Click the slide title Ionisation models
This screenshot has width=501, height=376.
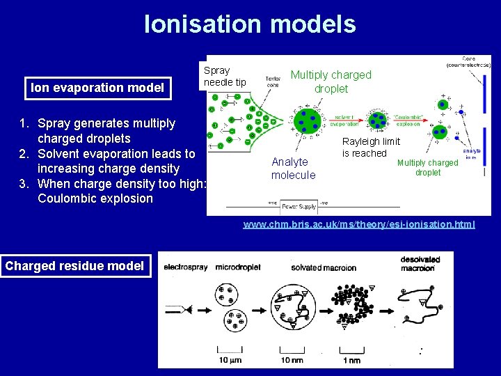pos(250,24)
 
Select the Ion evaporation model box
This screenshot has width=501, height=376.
pos(97,88)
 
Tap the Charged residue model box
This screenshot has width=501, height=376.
pos(76,265)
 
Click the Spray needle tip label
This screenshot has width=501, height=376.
pos(225,77)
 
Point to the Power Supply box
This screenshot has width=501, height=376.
pos(299,206)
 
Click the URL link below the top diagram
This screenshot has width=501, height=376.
pos(358,224)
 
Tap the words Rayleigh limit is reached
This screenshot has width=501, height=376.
pos(370,148)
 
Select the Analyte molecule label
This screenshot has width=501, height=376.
pos(293,169)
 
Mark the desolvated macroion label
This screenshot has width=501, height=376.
pos(420,264)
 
